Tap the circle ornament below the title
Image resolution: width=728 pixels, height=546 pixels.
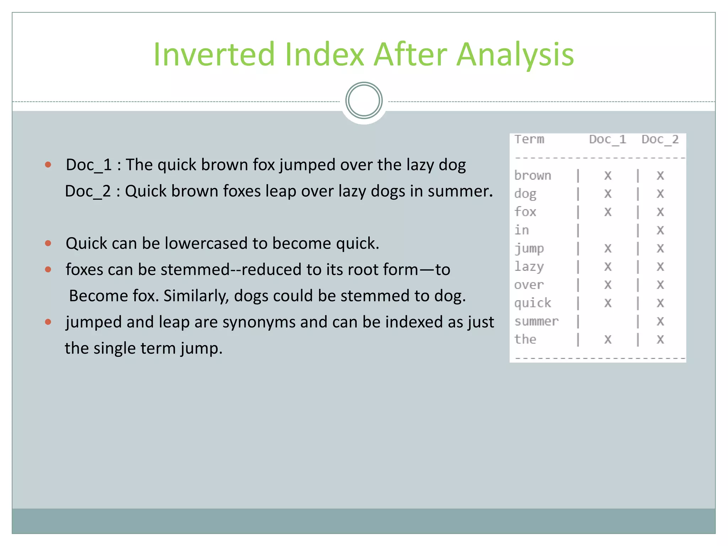364,101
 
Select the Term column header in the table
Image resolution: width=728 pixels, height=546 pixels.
529,139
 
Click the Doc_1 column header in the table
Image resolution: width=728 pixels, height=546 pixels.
607,139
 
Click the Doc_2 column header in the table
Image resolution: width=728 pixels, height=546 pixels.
660,139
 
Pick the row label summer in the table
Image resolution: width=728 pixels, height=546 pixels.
536,321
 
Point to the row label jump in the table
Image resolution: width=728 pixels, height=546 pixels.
529,248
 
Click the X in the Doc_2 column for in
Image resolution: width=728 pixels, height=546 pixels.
660,230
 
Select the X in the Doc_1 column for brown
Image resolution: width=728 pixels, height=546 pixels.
608,176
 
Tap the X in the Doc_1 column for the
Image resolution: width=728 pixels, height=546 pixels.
608,340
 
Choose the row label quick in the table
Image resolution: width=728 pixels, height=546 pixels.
532,303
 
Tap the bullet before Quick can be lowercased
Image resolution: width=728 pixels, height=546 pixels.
48,243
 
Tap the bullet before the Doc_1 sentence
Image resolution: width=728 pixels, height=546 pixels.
48,165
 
